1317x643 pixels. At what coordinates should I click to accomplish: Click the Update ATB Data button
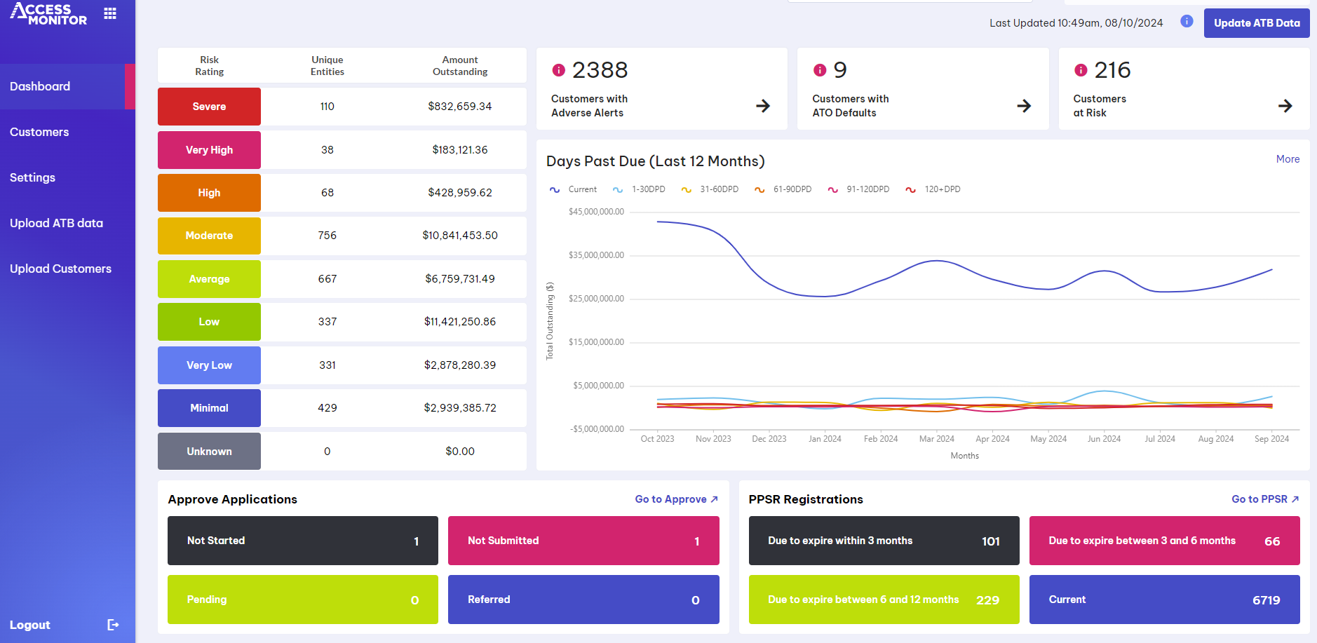click(x=1256, y=23)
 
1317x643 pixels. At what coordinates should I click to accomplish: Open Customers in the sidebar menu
click(x=39, y=132)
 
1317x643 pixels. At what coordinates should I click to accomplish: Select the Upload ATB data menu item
click(x=56, y=223)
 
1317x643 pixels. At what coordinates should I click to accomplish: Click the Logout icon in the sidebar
click(x=113, y=625)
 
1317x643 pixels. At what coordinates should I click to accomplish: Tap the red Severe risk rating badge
click(x=209, y=107)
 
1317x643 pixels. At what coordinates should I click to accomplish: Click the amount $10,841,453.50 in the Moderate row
click(x=459, y=236)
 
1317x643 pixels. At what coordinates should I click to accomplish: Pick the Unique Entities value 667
click(x=327, y=279)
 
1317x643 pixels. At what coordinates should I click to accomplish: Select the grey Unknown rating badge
click(x=209, y=452)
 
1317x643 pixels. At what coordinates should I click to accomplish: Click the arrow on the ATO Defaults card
click(x=1024, y=106)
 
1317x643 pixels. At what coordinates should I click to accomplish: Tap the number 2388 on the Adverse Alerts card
click(x=600, y=70)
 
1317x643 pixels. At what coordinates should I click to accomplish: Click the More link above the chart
click(x=1288, y=159)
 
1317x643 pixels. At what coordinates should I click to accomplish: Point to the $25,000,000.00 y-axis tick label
click(x=596, y=299)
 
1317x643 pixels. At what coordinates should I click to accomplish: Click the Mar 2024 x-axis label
click(x=936, y=439)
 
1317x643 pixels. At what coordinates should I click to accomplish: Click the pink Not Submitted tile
click(x=583, y=541)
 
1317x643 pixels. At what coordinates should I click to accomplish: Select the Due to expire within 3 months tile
click(x=884, y=541)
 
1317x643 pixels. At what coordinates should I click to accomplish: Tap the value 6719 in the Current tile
click(x=1266, y=600)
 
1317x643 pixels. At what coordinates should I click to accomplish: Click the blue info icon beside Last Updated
click(x=1187, y=22)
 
